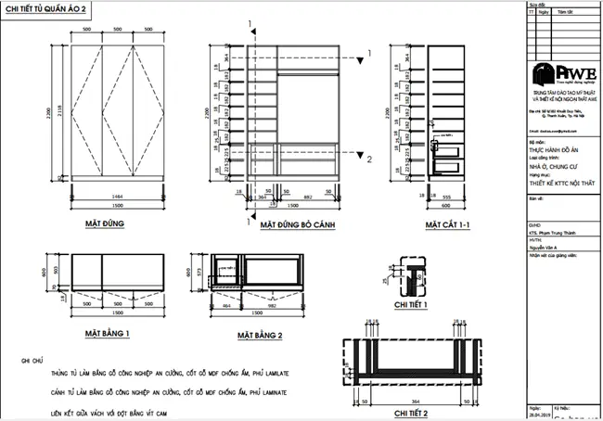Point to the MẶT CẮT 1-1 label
(x=448, y=224)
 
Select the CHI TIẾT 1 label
(x=413, y=302)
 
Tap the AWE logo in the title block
(x=557, y=74)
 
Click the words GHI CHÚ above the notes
(x=30, y=356)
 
